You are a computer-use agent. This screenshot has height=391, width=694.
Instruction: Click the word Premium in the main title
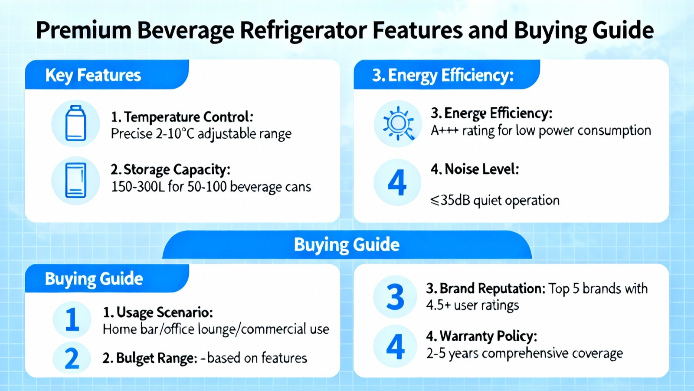[x=84, y=30]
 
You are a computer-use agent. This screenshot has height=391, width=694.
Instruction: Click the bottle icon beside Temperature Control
[x=75, y=123]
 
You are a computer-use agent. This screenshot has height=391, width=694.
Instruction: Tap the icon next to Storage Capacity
[x=75, y=180]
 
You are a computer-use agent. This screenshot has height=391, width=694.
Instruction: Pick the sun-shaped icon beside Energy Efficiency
[x=398, y=123]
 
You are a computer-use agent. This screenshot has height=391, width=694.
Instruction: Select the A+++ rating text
[x=445, y=131]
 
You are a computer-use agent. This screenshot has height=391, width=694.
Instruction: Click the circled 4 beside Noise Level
[x=397, y=182]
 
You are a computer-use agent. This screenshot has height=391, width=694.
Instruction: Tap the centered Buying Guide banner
[x=347, y=245]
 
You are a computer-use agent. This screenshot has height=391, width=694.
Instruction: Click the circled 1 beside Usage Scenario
[x=72, y=319]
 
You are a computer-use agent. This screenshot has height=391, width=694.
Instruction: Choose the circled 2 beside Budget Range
[x=72, y=358]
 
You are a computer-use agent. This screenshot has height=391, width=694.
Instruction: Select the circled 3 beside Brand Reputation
[x=395, y=297]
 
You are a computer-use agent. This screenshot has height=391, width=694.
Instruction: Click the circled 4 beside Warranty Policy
[x=395, y=346]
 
